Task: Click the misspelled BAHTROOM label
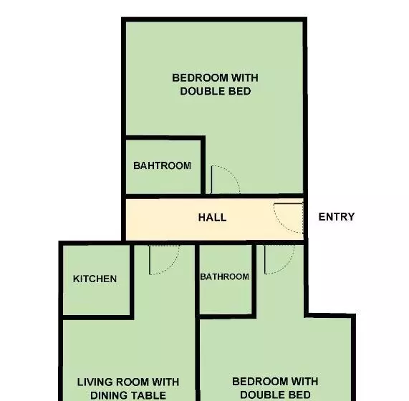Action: click(162, 165)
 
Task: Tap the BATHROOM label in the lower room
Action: click(224, 276)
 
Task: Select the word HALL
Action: click(212, 217)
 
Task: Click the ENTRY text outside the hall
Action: click(336, 216)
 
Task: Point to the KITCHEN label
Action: click(95, 279)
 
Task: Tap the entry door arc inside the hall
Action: click(289, 217)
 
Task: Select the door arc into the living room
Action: click(164, 260)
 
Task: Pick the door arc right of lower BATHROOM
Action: click(279, 259)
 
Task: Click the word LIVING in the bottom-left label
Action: click(96, 382)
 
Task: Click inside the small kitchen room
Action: click(95, 297)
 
